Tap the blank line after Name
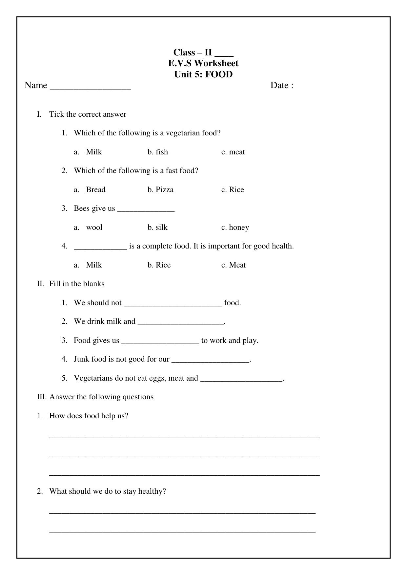coord(90,86)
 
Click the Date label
coord(281,86)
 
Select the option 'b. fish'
coord(158,152)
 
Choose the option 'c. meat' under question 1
coord(233,152)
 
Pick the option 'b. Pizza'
coord(160,190)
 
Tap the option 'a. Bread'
coord(90,190)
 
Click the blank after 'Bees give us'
coord(146,209)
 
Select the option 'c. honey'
coord(235,228)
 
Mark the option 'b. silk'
coord(157,228)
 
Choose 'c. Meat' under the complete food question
coord(233,265)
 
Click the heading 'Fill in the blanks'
coord(77,284)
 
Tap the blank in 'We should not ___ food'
coord(173,303)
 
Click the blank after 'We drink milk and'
coord(180,322)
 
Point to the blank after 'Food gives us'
coord(160,341)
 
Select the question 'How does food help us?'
coord(89,416)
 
